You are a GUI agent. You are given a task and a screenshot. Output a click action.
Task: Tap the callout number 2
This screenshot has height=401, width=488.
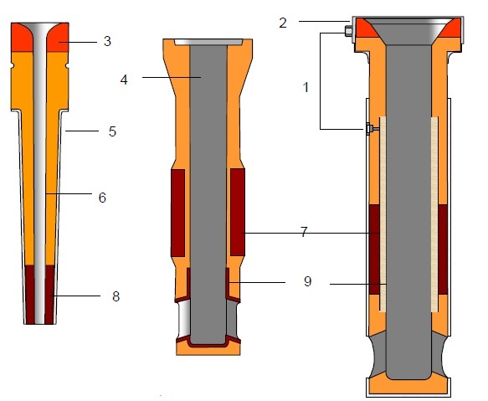[x=283, y=23]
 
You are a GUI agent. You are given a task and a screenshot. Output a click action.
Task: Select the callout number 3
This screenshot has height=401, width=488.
[x=105, y=39]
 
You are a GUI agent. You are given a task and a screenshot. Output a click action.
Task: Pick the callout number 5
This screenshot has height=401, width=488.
[x=111, y=131]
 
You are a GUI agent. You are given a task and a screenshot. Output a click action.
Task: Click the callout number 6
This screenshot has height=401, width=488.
[x=103, y=198]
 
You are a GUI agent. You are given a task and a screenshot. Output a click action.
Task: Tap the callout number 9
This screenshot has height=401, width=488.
[x=308, y=282]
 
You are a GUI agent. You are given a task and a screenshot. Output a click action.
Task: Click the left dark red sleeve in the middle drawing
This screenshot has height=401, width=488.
[x=177, y=212]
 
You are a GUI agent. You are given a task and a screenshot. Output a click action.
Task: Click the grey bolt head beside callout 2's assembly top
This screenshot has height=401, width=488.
[x=347, y=33]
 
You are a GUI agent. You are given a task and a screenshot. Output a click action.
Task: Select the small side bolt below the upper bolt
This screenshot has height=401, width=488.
[x=368, y=129]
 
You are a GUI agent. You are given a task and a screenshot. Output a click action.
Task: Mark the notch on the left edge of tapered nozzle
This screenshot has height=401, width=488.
[x=12, y=65]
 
